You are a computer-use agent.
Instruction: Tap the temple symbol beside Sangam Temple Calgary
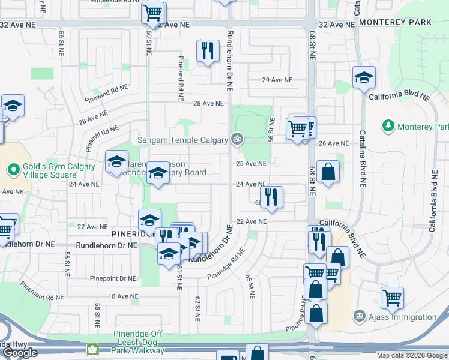(x=238, y=140)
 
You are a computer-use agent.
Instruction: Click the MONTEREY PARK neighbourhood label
(x=395, y=22)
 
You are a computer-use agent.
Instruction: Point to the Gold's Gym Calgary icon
(x=13, y=170)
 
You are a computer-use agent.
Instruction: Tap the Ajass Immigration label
(x=403, y=317)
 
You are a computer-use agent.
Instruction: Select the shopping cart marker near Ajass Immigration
(x=392, y=296)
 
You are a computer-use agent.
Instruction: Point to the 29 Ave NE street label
(x=277, y=80)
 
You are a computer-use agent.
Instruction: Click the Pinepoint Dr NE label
(x=113, y=278)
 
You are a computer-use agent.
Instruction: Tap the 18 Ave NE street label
(x=119, y=296)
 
